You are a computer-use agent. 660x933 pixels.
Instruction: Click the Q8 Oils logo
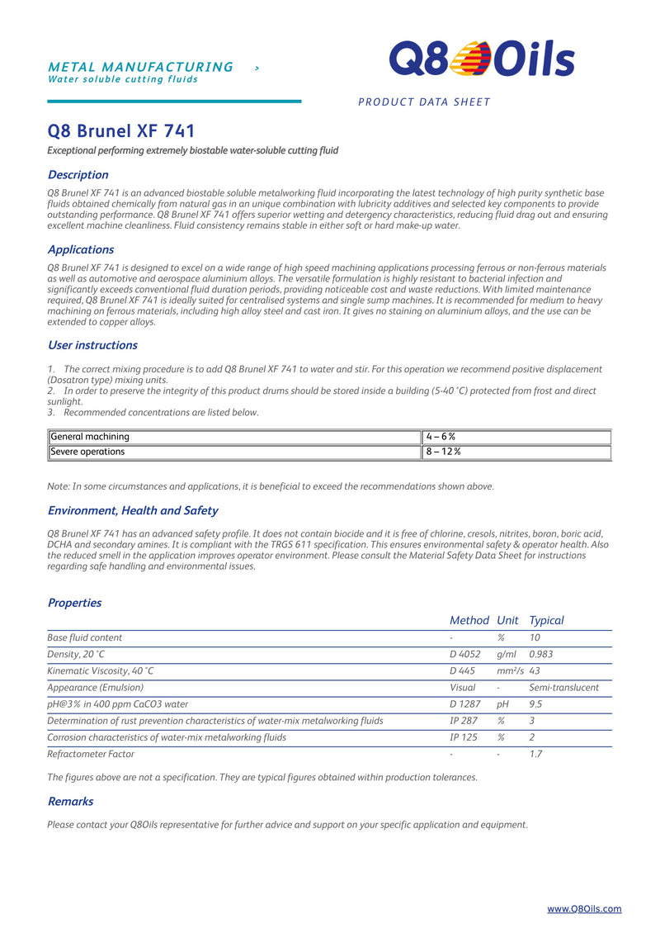tap(482, 59)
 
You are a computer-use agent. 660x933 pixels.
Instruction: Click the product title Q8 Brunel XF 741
tap(121, 131)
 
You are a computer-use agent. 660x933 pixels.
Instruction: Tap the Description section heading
tap(78, 175)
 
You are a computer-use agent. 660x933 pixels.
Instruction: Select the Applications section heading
tap(81, 249)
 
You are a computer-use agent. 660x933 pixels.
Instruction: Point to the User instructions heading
tap(92, 345)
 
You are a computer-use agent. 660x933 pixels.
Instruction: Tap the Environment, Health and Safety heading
tap(133, 510)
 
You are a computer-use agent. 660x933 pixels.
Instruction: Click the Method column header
tap(469, 620)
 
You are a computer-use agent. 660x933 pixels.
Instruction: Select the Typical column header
tap(546, 620)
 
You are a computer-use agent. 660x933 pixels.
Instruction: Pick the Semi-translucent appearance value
tap(563, 687)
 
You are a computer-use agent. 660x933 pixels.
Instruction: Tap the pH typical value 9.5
tap(536, 704)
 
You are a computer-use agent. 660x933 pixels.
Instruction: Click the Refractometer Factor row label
tap(91, 754)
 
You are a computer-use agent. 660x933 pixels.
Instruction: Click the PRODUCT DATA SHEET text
tap(424, 102)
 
